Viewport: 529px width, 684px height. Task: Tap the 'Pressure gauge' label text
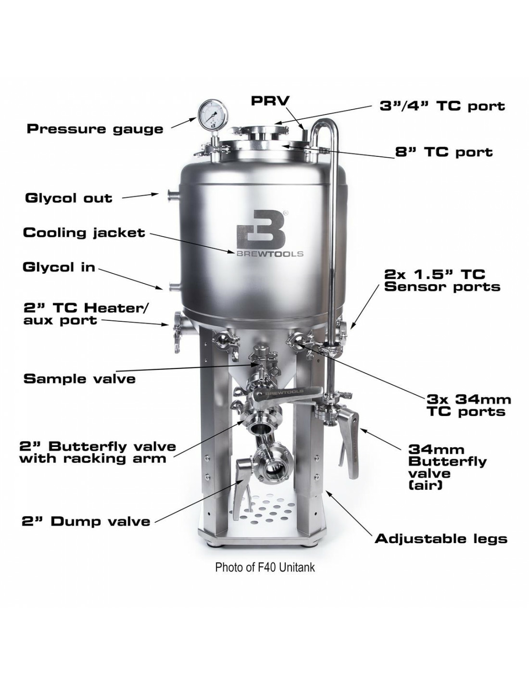tap(95, 129)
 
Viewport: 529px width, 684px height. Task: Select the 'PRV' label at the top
tap(271, 101)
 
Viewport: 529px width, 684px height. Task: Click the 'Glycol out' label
tap(68, 198)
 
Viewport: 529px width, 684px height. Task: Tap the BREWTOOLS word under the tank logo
tap(269, 253)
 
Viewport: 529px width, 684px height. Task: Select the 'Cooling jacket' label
tap(84, 233)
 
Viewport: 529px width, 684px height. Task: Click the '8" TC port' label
tap(444, 152)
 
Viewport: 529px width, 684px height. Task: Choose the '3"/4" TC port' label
tap(442, 106)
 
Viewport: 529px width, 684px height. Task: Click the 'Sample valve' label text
tap(79, 379)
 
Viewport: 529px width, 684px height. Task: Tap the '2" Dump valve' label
tap(86, 521)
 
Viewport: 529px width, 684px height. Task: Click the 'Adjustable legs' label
tap(441, 538)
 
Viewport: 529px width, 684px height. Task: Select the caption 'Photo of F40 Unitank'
tap(265, 567)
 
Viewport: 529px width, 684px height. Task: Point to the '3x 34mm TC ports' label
tap(468, 405)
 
